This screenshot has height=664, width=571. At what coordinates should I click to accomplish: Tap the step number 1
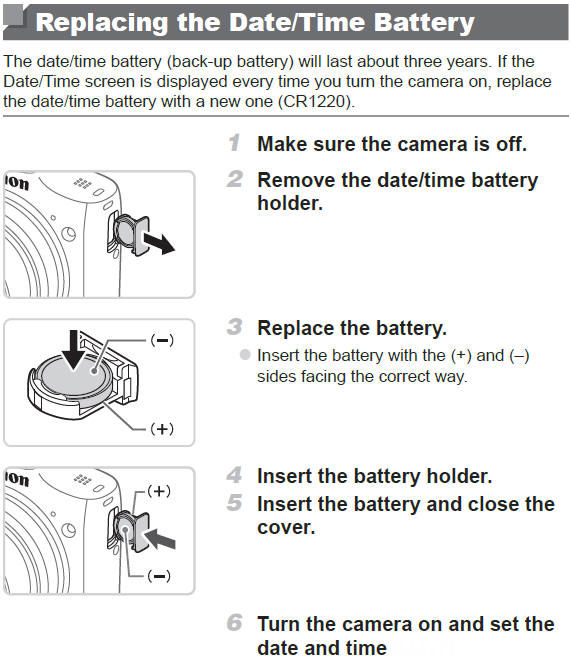(234, 143)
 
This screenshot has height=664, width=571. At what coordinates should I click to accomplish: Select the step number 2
(234, 180)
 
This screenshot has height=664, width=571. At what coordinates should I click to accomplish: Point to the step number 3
(234, 327)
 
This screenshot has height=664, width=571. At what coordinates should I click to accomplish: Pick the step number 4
(234, 476)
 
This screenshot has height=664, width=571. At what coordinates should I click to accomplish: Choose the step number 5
(234, 503)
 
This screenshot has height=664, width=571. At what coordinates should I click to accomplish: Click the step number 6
(234, 624)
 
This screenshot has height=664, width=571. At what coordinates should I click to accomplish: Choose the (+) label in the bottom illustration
(159, 491)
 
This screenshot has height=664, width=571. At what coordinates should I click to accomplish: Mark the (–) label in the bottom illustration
(159, 576)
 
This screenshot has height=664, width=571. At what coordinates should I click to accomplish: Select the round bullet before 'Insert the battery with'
(246, 356)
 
